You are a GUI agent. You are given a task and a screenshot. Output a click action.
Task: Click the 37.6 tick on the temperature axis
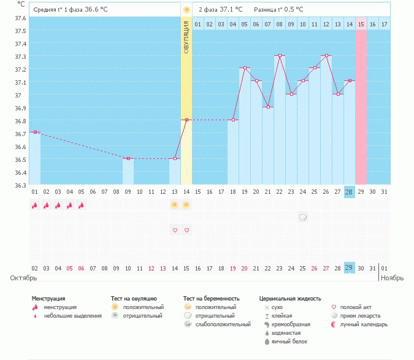pyautogui.click(x=20, y=18)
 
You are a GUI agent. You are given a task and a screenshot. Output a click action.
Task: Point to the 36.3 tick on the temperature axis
pyautogui.click(x=20, y=185)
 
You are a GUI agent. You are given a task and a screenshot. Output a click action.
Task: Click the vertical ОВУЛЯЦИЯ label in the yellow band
pyautogui.click(x=186, y=37)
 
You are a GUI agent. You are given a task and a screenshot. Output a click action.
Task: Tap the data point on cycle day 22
pyautogui.click(x=280, y=56)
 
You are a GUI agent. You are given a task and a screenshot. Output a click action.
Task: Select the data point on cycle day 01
pyautogui.click(x=35, y=132)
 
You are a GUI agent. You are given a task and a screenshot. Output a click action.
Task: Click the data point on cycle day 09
pyautogui.click(x=128, y=159)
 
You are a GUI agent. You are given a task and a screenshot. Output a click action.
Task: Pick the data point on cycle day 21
pyautogui.click(x=268, y=107)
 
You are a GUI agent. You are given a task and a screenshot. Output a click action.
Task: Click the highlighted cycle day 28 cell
pyautogui.click(x=350, y=192)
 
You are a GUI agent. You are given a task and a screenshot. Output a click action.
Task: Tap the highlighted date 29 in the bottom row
pyautogui.click(x=350, y=268)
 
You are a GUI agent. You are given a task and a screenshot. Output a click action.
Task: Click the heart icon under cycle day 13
pyautogui.click(x=175, y=230)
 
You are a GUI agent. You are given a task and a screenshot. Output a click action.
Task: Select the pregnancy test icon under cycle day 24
pyautogui.click(x=303, y=217)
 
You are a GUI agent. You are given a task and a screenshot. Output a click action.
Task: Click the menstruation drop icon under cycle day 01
pyautogui.click(x=35, y=205)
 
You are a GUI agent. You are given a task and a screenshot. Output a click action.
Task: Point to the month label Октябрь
pyautogui.click(x=25, y=278)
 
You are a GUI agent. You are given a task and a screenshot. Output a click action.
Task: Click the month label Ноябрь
pyautogui.click(x=392, y=278)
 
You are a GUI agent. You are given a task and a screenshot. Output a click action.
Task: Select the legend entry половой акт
pyautogui.click(x=355, y=307)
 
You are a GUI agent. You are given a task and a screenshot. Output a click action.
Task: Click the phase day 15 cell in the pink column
pyautogui.click(x=361, y=24)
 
